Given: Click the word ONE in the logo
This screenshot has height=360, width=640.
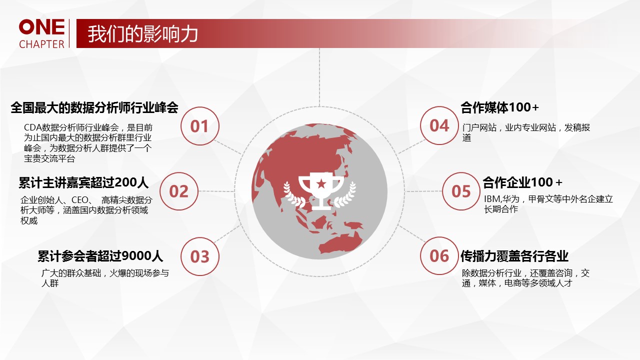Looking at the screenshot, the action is (41, 27).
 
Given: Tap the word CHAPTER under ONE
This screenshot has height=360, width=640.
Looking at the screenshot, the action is (41, 44).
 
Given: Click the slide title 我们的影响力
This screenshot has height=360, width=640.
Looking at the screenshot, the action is (142, 34).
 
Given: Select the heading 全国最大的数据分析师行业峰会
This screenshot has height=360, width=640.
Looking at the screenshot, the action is (94, 107).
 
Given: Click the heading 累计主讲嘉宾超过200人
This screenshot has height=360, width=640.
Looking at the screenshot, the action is (83, 182).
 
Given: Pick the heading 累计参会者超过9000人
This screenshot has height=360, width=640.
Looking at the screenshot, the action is (100, 256).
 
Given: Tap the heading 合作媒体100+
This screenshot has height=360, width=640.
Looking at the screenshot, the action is (499, 107).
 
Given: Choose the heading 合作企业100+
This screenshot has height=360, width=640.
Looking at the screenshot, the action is (522, 182).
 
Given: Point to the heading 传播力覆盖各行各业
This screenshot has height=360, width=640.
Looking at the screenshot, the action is (514, 256).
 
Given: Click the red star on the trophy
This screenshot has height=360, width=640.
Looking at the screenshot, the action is (321, 183).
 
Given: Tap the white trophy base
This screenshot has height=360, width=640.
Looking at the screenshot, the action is (321, 207).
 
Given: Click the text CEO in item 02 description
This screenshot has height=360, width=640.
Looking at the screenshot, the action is (80, 199).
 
